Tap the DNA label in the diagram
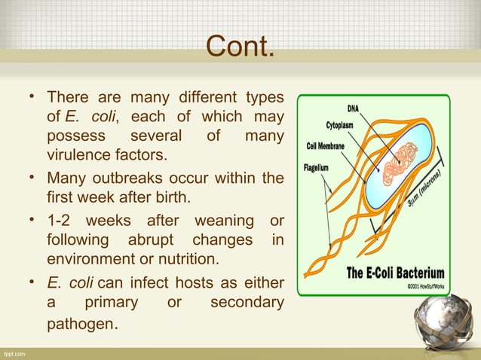pyautogui.click(x=353, y=108)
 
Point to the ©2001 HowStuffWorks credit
pyautogui.click(x=423, y=286)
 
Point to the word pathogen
pyautogui.click(x=81, y=328)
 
